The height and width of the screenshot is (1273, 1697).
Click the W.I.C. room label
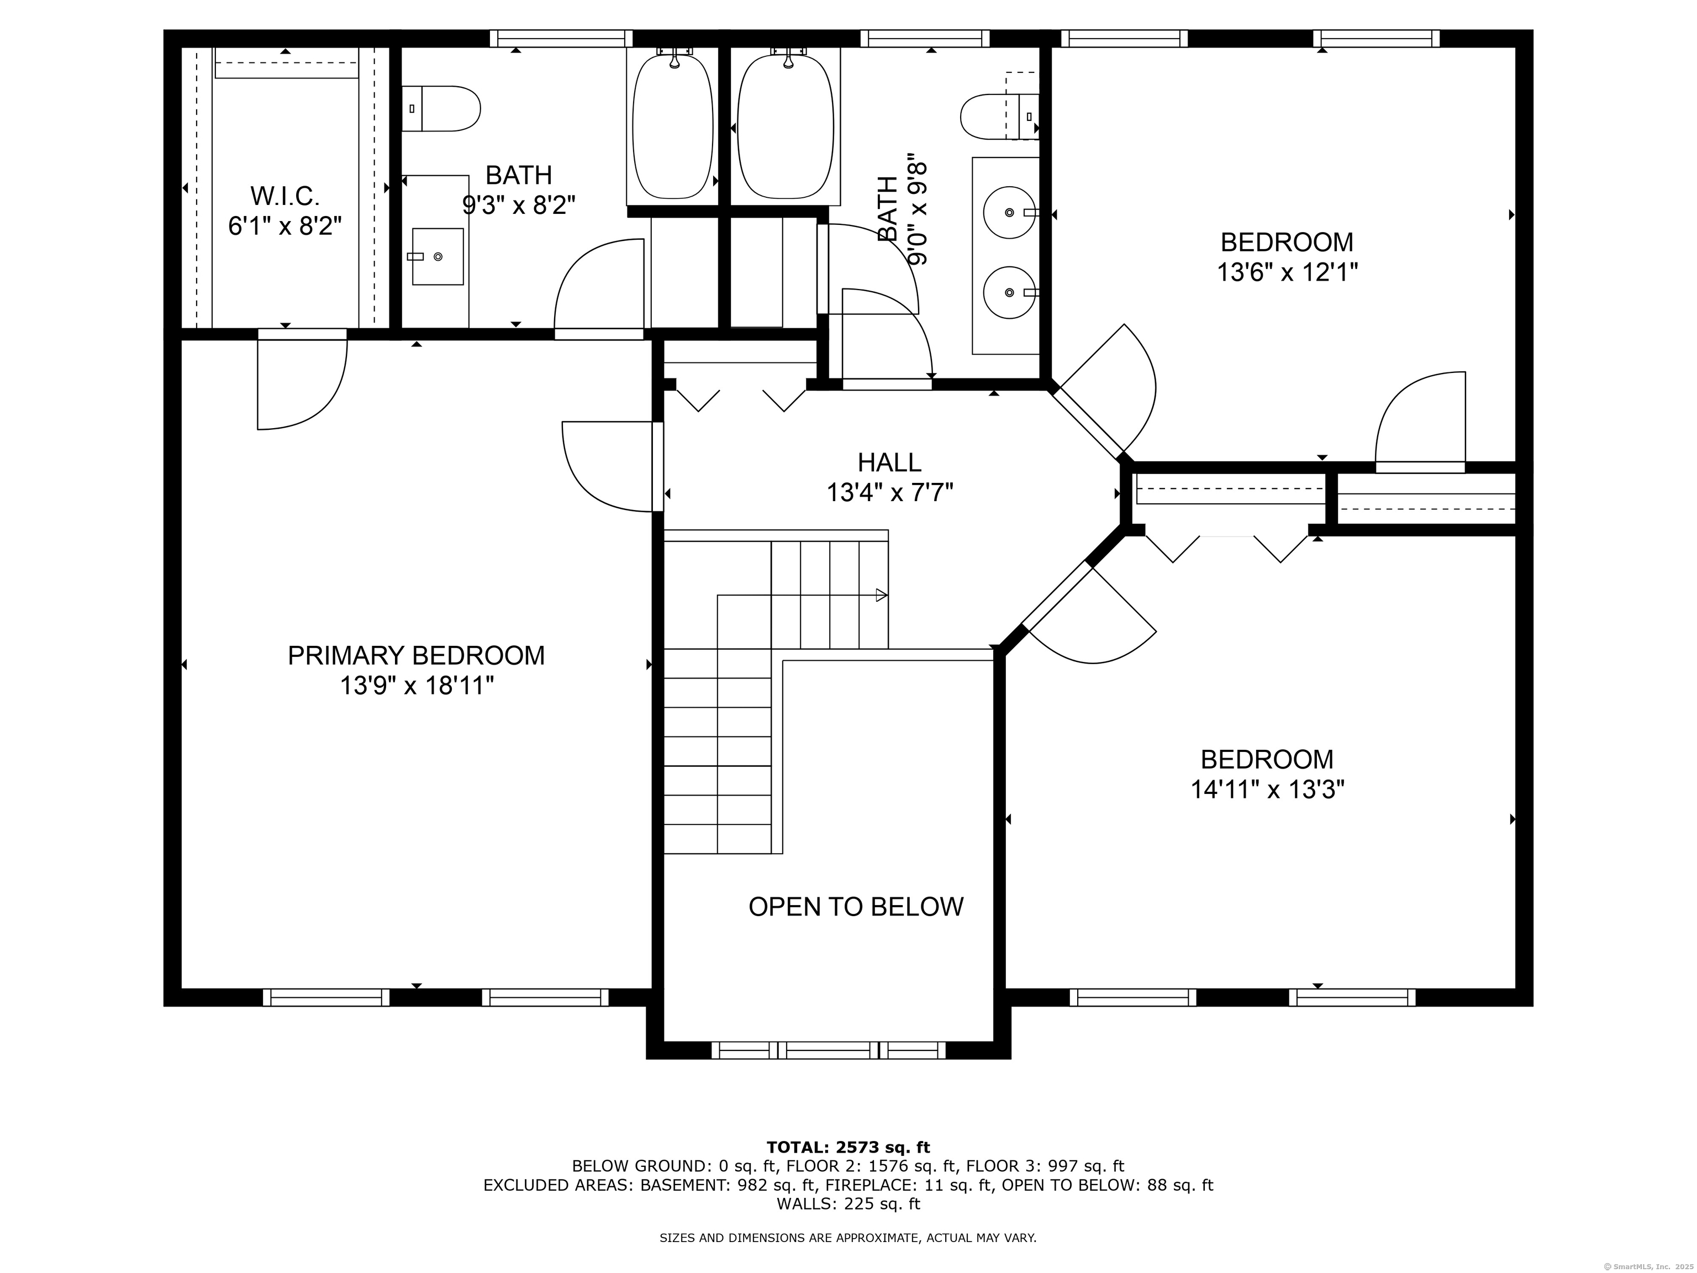[284, 197]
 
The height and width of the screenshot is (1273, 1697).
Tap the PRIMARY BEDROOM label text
[416, 655]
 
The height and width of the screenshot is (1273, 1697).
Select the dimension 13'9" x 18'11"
[416, 685]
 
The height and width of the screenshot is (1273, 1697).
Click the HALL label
[889, 462]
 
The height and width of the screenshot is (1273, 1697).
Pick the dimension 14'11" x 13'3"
[1267, 789]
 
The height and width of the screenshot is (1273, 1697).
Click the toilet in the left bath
[441, 108]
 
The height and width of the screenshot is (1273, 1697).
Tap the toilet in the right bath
[1000, 117]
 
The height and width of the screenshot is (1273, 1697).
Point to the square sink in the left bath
[438, 256]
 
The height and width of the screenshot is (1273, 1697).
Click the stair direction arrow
[882, 595]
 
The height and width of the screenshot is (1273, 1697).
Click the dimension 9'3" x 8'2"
[519, 205]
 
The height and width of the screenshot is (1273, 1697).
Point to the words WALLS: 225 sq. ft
[848, 1204]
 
